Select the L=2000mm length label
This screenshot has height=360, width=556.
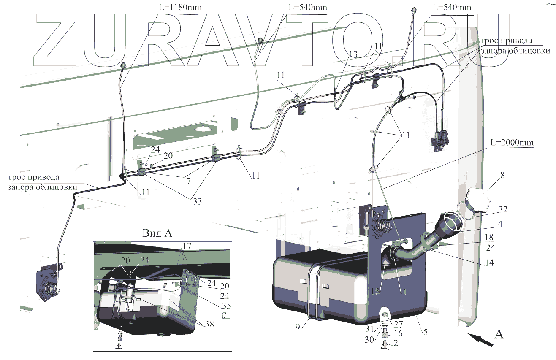[x=512, y=142]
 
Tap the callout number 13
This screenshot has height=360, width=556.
[x=353, y=54]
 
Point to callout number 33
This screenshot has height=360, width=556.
[x=197, y=201]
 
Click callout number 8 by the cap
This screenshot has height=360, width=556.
[x=502, y=175]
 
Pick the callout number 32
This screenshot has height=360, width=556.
[x=503, y=209]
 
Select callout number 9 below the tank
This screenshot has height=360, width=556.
[x=298, y=327]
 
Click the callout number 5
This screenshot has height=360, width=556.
[x=425, y=332]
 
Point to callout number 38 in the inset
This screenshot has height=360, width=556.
[x=209, y=324]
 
